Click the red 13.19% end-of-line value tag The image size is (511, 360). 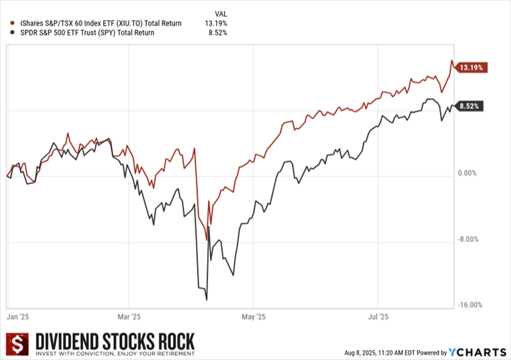(x=471, y=68)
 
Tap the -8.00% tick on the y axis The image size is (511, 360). (x=468, y=240)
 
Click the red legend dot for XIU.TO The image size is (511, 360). (x=9, y=23)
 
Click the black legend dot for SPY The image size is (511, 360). (x=9, y=33)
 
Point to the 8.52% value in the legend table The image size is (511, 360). (x=217, y=33)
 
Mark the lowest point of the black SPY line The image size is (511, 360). (x=207, y=300)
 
